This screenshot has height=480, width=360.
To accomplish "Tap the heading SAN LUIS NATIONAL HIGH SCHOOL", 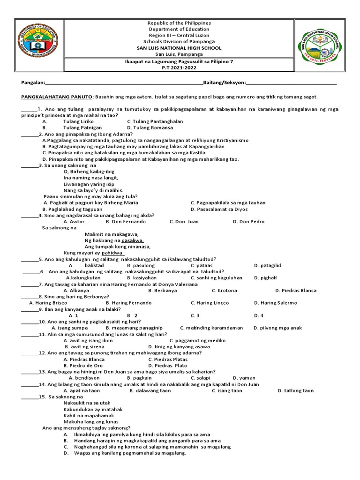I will click(179, 48).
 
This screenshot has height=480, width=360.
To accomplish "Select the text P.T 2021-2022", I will click(179, 67).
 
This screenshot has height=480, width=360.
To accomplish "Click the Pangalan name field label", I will click(33, 83).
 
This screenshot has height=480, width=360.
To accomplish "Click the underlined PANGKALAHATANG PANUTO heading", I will click(57, 97).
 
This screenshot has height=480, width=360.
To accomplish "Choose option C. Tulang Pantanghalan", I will click(155, 121).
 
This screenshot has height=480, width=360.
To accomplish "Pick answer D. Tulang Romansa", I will click(150, 127).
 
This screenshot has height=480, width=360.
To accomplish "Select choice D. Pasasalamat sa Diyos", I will click(219, 209).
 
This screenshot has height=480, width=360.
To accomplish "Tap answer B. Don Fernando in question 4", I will click(126, 222).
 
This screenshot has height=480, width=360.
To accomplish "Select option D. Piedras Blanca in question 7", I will click(296, 291).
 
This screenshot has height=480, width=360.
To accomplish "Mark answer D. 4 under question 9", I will click(259, 315).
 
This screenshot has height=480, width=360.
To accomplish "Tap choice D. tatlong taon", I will click(296, 390).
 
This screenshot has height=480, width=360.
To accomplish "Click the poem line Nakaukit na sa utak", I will click(87, 403).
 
